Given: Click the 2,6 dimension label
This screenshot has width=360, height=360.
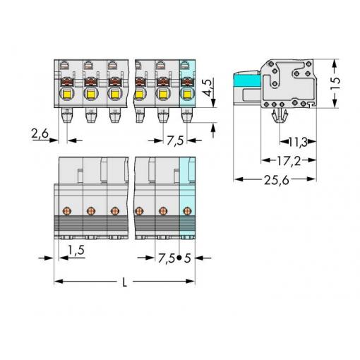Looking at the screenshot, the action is [x=40, y=134].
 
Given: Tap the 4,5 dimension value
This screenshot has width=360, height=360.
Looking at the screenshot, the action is [x=208, y=88].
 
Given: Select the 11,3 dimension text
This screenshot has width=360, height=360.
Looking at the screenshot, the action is [x=298, y=142].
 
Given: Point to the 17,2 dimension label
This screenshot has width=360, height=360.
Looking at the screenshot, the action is [x=289, y=161].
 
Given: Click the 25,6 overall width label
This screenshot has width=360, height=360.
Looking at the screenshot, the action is [x=277, y=180].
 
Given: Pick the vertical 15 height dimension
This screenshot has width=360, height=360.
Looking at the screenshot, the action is [x=335, y=83].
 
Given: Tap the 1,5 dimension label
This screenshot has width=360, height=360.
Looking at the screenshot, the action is [x=76, y=250].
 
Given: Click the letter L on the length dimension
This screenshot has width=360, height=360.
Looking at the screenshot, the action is [x=125, y=282].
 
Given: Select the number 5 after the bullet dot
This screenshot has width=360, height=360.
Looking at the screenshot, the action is [x=187, y=258].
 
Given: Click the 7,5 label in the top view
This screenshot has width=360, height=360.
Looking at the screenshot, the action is [x=175, y=141].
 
